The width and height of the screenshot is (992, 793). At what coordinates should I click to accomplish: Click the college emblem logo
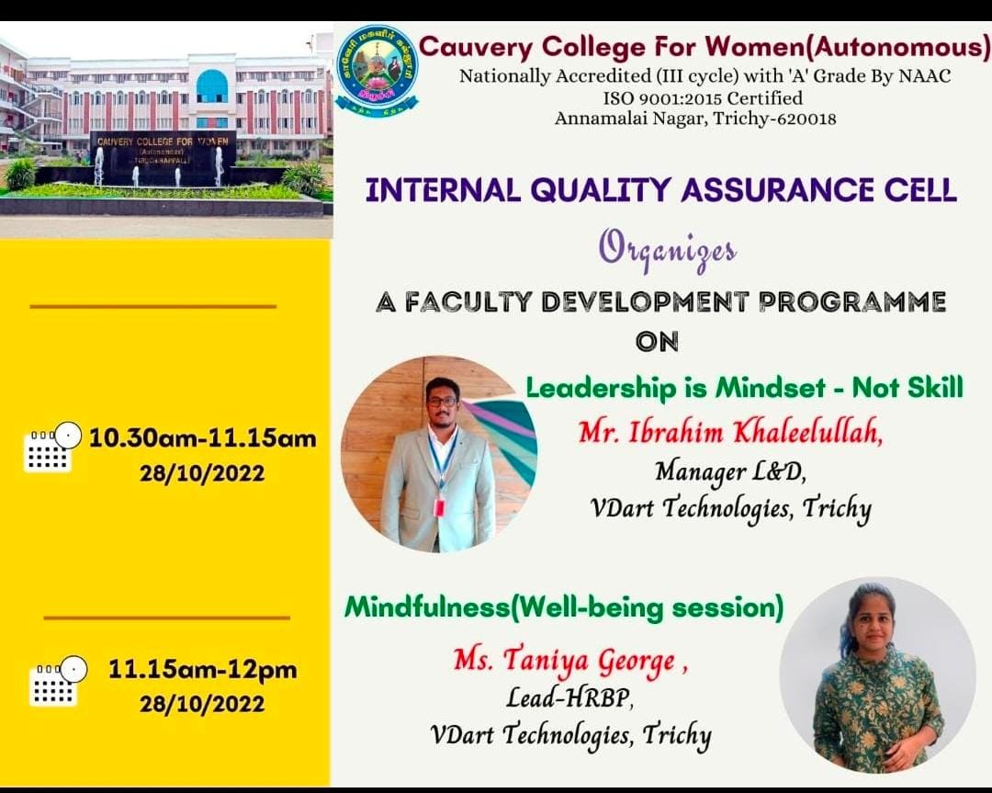pos(378,71)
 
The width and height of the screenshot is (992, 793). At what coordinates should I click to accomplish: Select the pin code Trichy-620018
pos(775,119)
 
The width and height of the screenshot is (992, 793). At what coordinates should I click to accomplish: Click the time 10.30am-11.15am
pos(202,438)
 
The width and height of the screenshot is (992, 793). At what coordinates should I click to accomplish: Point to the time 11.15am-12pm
pos(202,670)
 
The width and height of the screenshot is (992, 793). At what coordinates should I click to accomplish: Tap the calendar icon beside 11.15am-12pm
pos(58,681)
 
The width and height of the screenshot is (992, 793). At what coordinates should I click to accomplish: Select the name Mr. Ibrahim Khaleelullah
pos(730,433)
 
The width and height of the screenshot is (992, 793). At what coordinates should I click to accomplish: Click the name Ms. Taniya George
pos(570,662)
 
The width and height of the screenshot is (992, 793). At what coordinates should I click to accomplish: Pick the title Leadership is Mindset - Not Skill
pos(745,388)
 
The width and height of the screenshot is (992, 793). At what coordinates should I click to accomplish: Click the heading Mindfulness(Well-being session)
pos(564,607)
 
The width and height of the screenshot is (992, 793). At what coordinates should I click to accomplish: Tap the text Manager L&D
pos(730,472)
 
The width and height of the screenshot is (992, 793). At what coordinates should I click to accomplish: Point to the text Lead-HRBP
pos(570,698)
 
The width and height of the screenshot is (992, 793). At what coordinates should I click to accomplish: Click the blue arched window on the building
pos(212,87)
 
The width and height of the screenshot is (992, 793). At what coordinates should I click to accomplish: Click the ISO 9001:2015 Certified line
pos(703,98)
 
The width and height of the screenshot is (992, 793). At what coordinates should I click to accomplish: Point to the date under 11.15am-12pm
pos(202,704)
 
